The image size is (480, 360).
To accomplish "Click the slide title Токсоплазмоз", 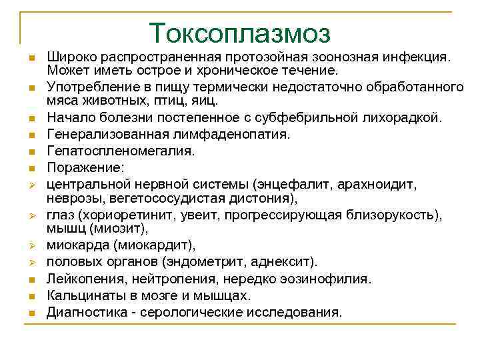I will pos(240,33).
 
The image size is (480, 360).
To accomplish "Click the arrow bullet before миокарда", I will pos(31,246).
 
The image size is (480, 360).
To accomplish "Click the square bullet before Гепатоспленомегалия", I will pos(31,151).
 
